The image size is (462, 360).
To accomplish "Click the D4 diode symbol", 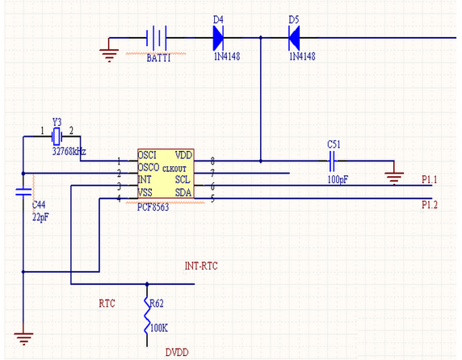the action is (x=218, y=38).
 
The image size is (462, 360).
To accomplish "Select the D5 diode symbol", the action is (x=294, y=38).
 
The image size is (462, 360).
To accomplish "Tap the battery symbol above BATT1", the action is (x=157, y=38).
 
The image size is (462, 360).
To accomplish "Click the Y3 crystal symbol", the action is (x=57, y=136).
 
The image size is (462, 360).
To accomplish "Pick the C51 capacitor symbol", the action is (x=332, y=161).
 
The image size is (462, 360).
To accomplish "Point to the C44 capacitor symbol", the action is (x=23, y=192).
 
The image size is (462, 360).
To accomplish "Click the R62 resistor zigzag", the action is (x=147, y=315).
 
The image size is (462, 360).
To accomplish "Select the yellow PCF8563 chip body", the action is (x=166, y=174).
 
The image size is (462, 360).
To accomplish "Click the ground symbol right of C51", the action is (x=394, y=178).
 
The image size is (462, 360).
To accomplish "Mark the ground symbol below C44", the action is (x=23, y=338).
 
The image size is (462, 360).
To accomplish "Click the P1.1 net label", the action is (x=430, y=179).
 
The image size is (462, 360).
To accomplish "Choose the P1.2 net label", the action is (x=430, y=204).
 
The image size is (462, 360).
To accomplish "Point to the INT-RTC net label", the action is (x=201, y=266).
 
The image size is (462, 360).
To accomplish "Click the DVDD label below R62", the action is (x=177, y=353).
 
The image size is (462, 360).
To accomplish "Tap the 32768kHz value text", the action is (x=69, y=152).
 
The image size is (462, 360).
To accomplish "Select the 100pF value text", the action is (x=338, y=179).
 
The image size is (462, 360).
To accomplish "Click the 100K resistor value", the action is (x=159, y=328).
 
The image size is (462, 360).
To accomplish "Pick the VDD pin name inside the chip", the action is (x=184, y=155).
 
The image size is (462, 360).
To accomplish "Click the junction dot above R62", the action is (x=147, y=284).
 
